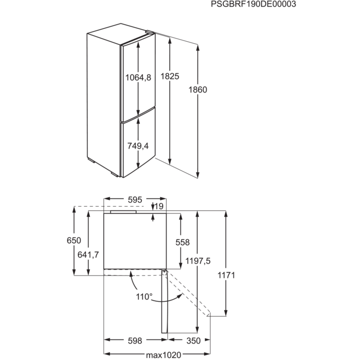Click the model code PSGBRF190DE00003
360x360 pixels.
(254, 4)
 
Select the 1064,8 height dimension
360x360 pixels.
(138, 77)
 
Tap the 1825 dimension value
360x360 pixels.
(170, 76)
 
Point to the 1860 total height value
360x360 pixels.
(198, 89)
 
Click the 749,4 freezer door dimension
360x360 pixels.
(138, 146)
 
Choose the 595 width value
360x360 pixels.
(135, 200)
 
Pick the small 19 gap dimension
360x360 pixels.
(159, 206)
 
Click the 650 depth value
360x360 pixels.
(74, 240)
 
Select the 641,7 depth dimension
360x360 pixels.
(88, 255)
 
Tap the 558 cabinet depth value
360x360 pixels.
(183, 242)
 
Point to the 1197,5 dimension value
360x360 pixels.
(198, 261)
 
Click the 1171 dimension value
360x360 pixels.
(226, 275)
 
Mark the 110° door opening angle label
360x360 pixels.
(144, 297)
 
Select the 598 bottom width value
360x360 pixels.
(135, 340)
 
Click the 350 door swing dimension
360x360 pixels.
(193, 340)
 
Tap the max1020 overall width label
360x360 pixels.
(164, 355)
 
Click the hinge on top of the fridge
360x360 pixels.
(149, 32)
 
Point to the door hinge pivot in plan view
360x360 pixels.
(164, 272)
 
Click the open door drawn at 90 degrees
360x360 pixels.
(165, 301)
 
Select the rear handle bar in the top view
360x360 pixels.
(123, 212)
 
